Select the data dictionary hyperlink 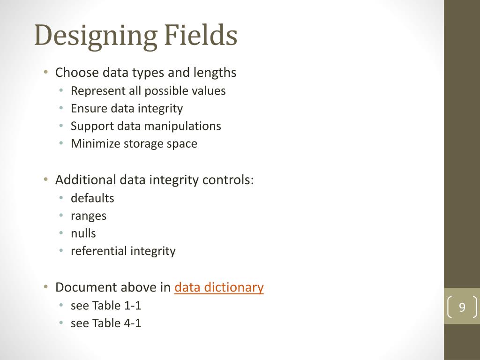(219, 287)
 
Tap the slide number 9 (462, 307)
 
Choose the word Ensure (89, 108)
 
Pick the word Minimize (96, 143)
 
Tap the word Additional (85, 180)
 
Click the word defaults (92, 198)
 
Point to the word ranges (89, 216)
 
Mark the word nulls (83, 233)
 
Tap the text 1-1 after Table (133, 306)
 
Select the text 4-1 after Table (133, 323)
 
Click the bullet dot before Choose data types (45, 73)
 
